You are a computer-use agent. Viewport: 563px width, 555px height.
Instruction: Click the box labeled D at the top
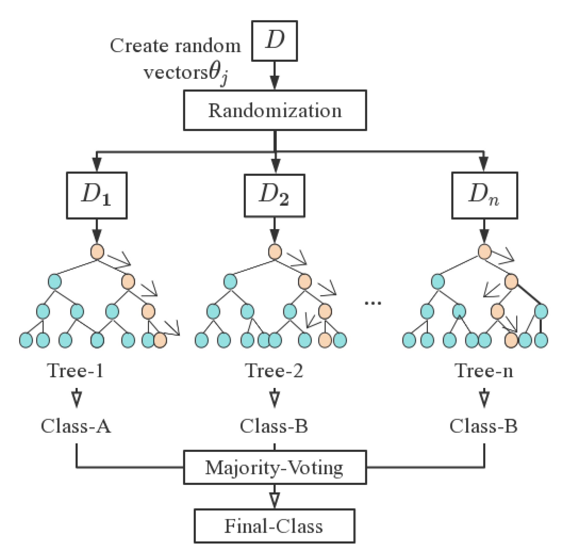pos(274,41)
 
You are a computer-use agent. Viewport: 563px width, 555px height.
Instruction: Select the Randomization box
pos(275,110)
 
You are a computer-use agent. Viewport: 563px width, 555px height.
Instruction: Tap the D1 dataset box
pos(97,196)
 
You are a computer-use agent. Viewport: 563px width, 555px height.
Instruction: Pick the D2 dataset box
pos(274,196)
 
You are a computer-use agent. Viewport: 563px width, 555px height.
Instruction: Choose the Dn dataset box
pos(484,196)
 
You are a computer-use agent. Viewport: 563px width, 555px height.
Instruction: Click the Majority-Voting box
pos(275,467)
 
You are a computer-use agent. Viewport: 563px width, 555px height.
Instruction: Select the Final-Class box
pos(274,526)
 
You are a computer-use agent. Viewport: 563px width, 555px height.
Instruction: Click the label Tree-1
pos(76,370)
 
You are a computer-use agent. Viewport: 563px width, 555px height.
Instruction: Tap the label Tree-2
pos(274,370)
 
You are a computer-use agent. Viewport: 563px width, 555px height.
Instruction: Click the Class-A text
pos(76,426)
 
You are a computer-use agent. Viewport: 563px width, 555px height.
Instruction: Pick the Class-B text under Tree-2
pos(274,426)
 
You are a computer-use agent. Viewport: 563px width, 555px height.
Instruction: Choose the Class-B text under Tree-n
pos(483,426)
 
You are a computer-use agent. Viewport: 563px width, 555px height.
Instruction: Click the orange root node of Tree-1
pos(97,251)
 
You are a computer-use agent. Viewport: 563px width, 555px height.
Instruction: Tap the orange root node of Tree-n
pos(484,251)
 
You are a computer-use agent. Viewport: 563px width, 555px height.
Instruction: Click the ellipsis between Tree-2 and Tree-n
pos(373,303)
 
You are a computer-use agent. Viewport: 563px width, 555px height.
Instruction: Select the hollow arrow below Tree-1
pos(77,398)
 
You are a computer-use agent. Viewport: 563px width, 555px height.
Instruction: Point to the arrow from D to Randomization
pos(274,76)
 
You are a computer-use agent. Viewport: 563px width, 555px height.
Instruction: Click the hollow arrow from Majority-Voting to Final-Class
pos(274,496)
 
